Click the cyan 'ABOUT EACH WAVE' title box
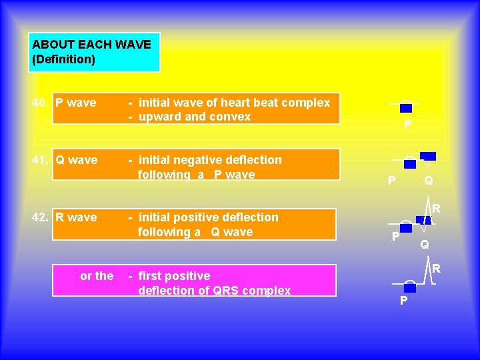94,52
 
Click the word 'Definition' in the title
63,59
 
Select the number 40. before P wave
41,103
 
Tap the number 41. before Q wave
41,160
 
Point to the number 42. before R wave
41,217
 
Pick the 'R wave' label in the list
76,217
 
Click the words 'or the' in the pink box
97,276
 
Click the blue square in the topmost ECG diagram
406,108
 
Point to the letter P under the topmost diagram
407,126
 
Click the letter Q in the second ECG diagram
429,181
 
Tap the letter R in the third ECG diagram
435,209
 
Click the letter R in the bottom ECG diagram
436,269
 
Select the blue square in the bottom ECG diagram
410,289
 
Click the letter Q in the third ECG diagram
425,245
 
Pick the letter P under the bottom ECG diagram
403,301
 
